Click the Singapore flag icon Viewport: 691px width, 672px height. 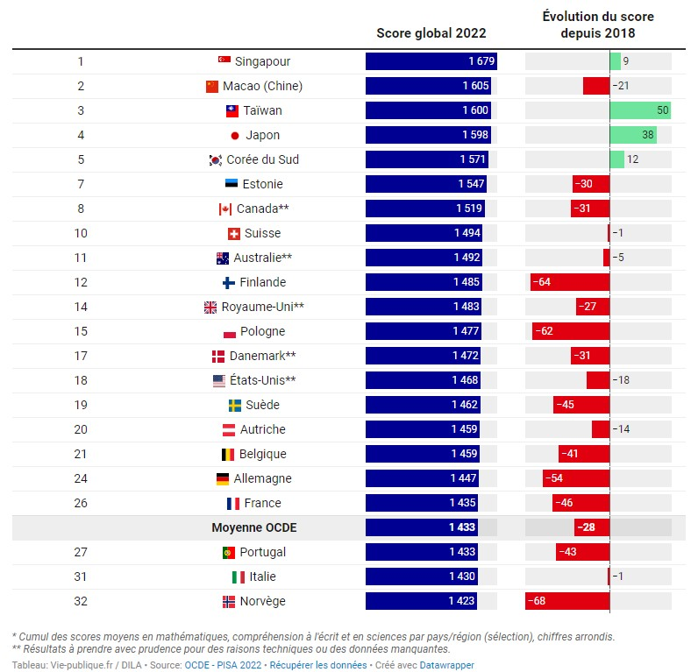coord(224,61)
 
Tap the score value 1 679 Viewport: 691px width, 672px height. coord(480,61)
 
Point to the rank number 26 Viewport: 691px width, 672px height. coord(81,503)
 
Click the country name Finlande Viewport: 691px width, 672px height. coord(262,282)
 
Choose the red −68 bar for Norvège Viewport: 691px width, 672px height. coord(567,601)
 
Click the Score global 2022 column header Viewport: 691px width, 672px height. coord(431,33)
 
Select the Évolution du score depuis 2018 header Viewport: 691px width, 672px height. coord(598,25)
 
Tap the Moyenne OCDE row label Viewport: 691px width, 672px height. coord(253,527)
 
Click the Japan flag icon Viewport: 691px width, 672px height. coord(234,136)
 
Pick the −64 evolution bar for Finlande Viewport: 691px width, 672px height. coord(570,282)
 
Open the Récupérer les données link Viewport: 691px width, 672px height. coord(317,665)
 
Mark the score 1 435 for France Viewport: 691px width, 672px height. coord(464,503)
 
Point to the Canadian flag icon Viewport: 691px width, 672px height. coord(224,209)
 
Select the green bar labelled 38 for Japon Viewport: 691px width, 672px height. coord(633,135)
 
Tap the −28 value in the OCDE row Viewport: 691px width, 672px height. coord(585,527)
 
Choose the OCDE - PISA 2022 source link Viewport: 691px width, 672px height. coord(223,665)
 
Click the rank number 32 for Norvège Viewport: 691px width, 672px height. coord(81,601)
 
